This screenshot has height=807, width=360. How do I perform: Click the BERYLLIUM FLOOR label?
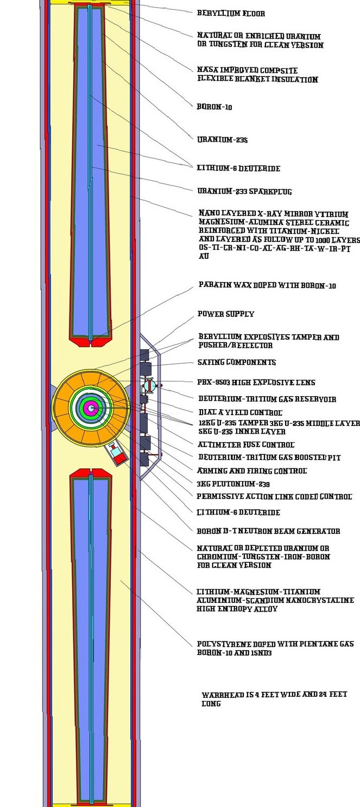231,13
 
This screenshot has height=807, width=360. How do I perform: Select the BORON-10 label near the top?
214,107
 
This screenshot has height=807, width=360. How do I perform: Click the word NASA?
206,71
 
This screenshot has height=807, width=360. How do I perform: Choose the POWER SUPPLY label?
226,314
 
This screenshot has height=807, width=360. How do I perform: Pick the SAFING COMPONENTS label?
237,362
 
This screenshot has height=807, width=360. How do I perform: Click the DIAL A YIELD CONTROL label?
240,412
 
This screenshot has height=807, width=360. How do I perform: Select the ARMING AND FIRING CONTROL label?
252,471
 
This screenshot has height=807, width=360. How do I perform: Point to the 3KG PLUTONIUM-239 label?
233,484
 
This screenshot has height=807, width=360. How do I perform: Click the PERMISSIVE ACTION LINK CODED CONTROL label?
274,496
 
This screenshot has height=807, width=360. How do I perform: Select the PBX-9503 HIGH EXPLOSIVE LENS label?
257,383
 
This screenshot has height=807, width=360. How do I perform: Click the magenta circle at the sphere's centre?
91,408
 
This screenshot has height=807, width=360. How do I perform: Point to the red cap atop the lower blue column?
91,473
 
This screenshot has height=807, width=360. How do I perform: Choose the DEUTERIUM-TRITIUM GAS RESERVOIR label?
267,399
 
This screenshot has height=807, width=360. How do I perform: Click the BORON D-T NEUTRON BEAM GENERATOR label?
268,531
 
